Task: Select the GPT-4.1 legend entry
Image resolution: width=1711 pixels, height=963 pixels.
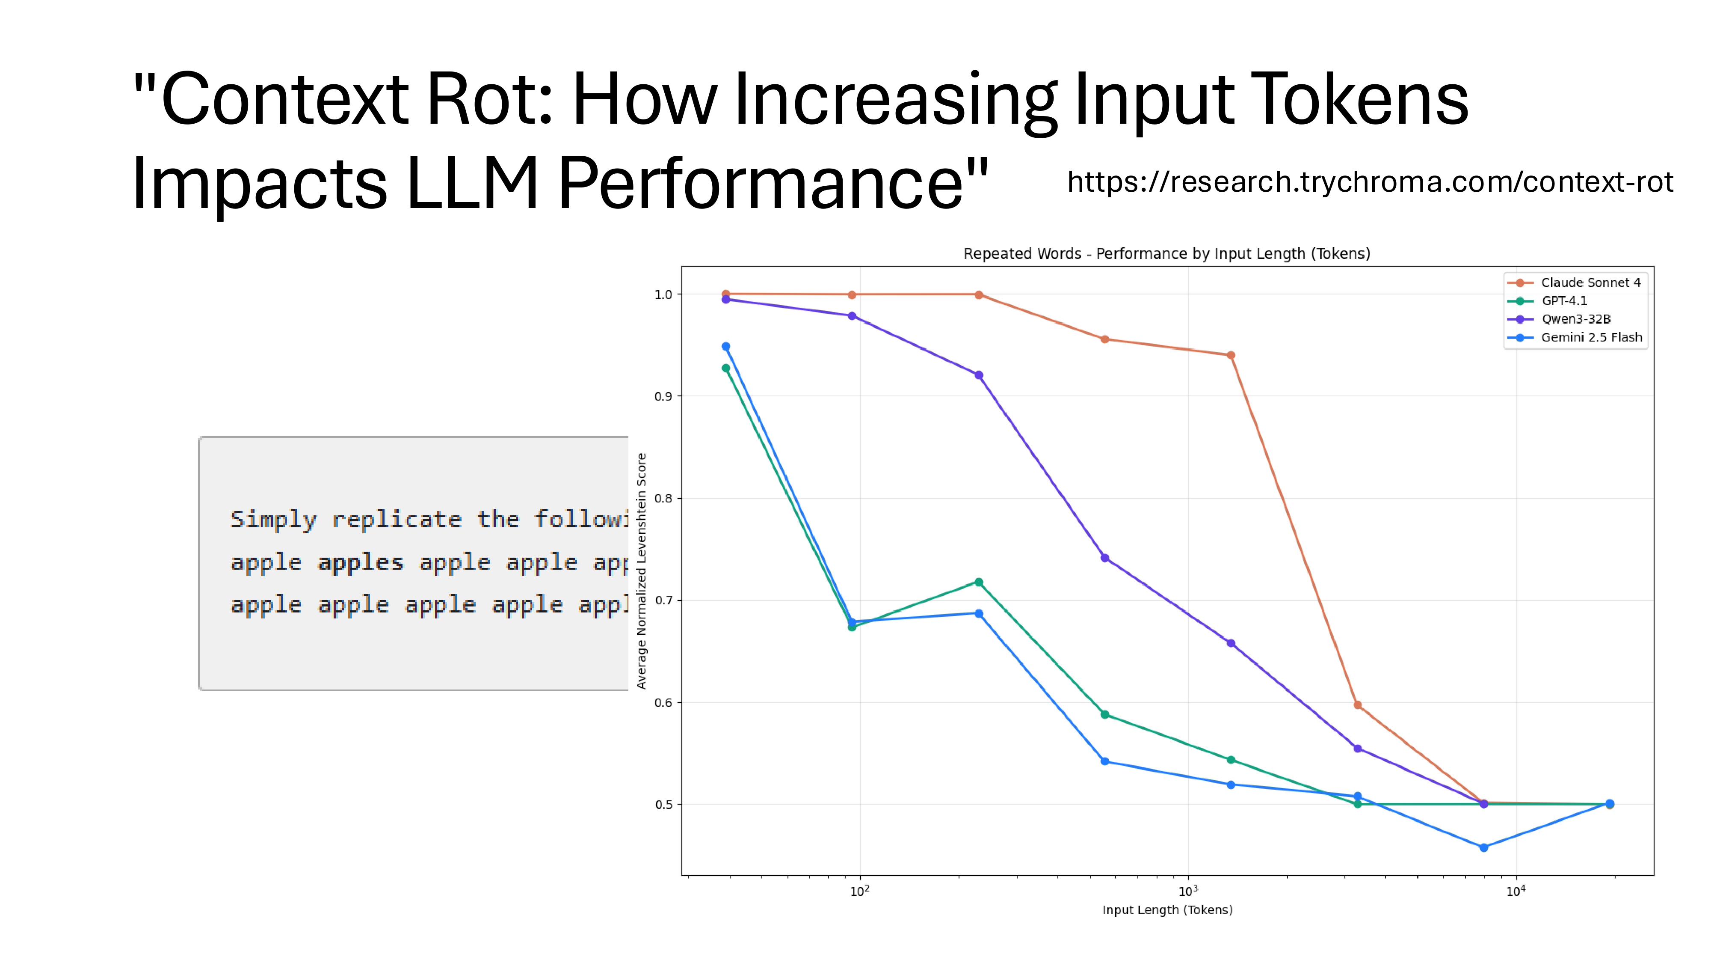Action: click(1564, 301)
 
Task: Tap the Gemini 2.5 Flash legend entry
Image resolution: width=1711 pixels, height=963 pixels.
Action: click(1591, 338)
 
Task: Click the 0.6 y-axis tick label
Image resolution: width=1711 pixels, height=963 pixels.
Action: click(663, 702)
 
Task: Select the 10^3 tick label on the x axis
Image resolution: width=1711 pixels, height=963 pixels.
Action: click(1187, 891)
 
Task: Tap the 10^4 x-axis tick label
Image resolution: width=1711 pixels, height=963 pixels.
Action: click(1516, 891)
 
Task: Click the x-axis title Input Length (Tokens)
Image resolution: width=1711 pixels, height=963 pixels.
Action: click(1167, 910)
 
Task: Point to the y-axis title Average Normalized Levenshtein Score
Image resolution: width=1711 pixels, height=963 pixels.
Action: click(642, 570)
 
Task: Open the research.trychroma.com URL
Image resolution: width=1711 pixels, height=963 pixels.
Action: click(1370, 181)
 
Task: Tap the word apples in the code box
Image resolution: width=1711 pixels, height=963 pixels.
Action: click(360, 562)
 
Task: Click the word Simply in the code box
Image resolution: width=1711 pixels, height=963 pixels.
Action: click(273, 520)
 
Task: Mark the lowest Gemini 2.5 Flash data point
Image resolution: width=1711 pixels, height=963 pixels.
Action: click(1483, 847)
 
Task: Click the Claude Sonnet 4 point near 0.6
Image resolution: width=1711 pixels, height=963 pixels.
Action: click(1357, 705)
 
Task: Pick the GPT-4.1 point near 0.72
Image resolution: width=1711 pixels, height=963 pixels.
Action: click(978, 582)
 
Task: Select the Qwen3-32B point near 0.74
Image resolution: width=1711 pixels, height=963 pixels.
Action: click(1104, 558)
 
